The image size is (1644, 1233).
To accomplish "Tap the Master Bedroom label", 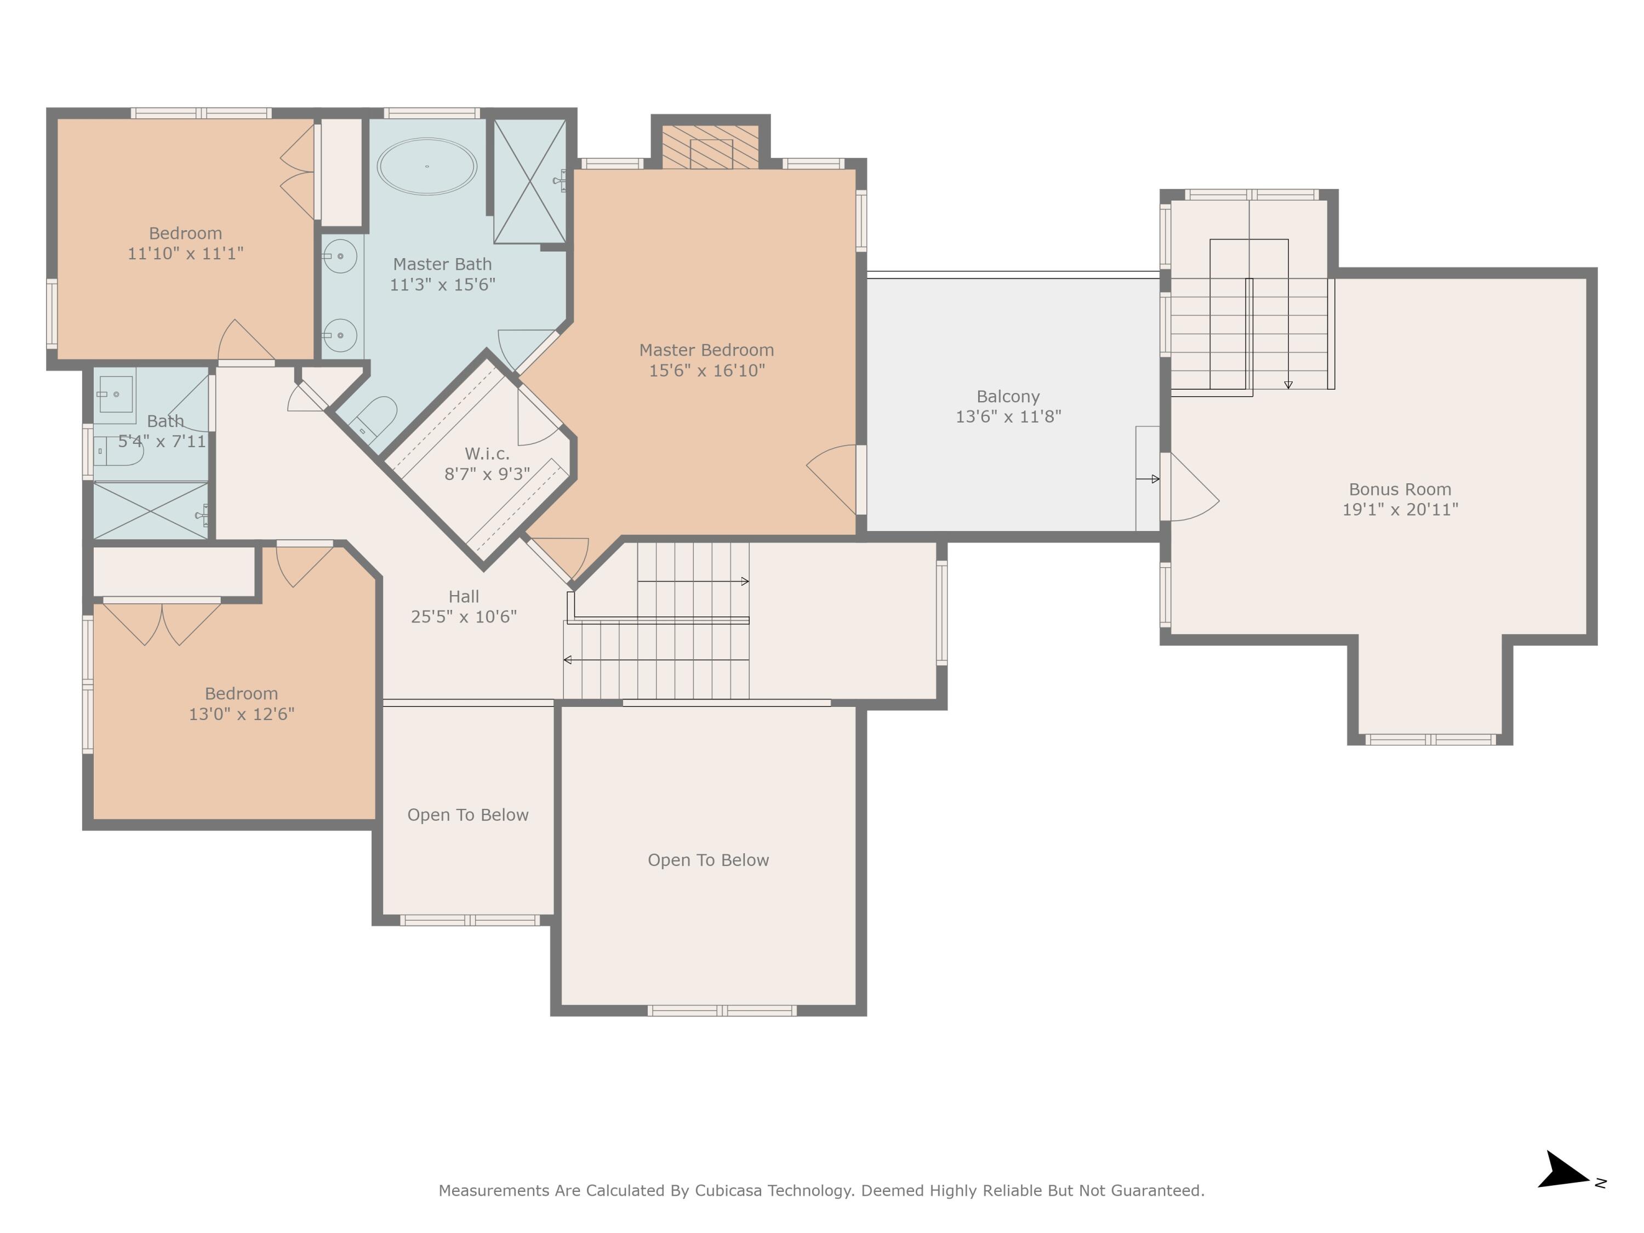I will coord(706,350).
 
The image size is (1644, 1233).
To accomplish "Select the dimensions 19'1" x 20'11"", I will coord(1400,510).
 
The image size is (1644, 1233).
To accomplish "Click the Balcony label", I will coord(1008,396).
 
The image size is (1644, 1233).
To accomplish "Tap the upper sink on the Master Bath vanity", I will coord(340,256).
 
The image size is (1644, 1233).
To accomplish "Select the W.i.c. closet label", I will coord(487,453).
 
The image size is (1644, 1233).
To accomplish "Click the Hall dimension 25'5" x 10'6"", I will coord(463,617).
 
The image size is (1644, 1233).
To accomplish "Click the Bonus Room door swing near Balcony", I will coord(1192,487).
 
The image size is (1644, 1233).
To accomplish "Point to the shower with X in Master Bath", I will coord(530,181).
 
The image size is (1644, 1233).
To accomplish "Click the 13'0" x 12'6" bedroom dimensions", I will coord(242,714).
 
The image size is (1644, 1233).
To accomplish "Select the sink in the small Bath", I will coord(115,395).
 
